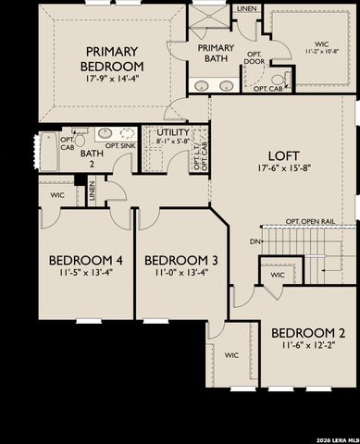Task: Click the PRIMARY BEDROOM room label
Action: point(112,59)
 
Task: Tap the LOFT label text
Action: point(285,157)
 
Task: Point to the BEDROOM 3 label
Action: point(181,260)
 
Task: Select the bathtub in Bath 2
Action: point(49,151)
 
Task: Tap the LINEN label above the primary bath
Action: point(246,8)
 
